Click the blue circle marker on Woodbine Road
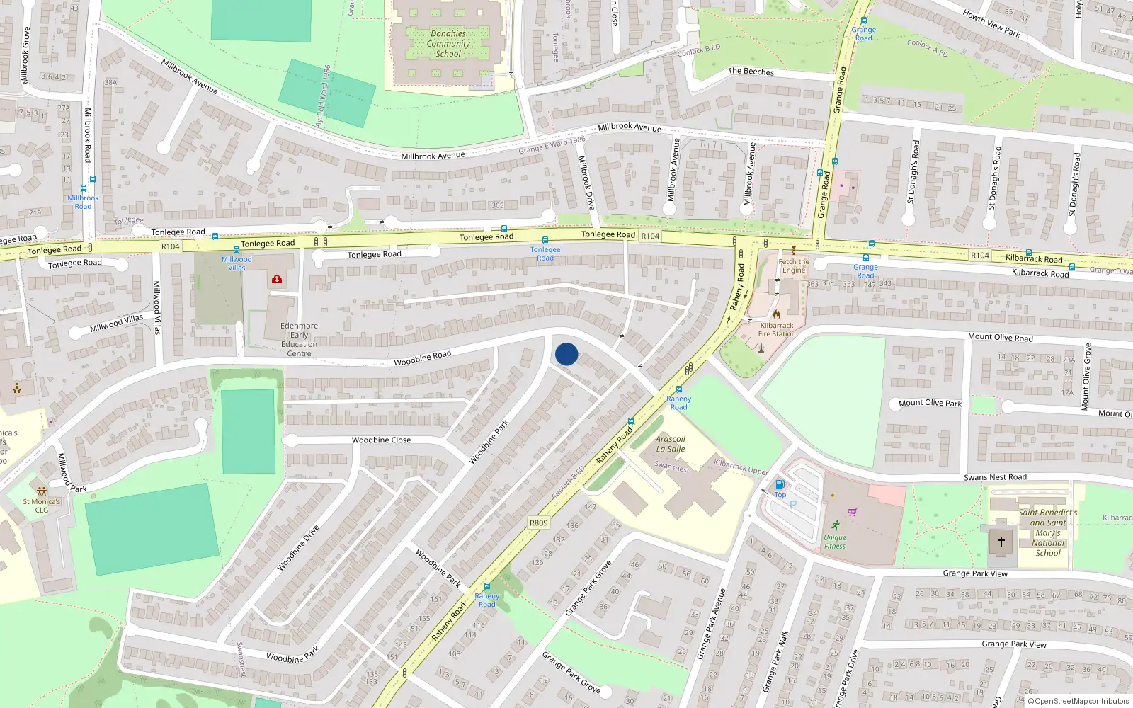[566, 354]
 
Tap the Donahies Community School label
[448, 44]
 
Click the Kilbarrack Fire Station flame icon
[776, 314]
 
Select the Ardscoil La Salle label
[670, 444]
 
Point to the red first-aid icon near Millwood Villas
[277, 279]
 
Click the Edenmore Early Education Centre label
[299, 340]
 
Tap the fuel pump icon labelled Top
[780, 485]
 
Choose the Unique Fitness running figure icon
[836, 525]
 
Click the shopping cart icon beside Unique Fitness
[853, 512]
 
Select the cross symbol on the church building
[1001, 542]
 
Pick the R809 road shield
[539, 523]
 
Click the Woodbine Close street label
[381, 440]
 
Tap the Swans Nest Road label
[995, 477]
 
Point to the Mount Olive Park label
[930, 403]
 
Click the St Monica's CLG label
[42, 506]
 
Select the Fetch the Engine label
[794, 265]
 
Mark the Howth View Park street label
[991, 23]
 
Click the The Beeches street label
[751, 72]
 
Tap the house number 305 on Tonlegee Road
[498, 205]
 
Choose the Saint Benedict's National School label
[1048, 532]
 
